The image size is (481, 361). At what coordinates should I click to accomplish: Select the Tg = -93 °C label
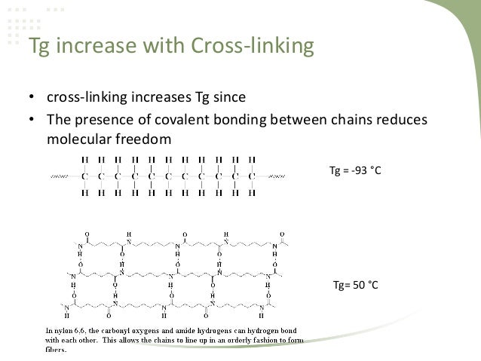(x=356, y=173)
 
